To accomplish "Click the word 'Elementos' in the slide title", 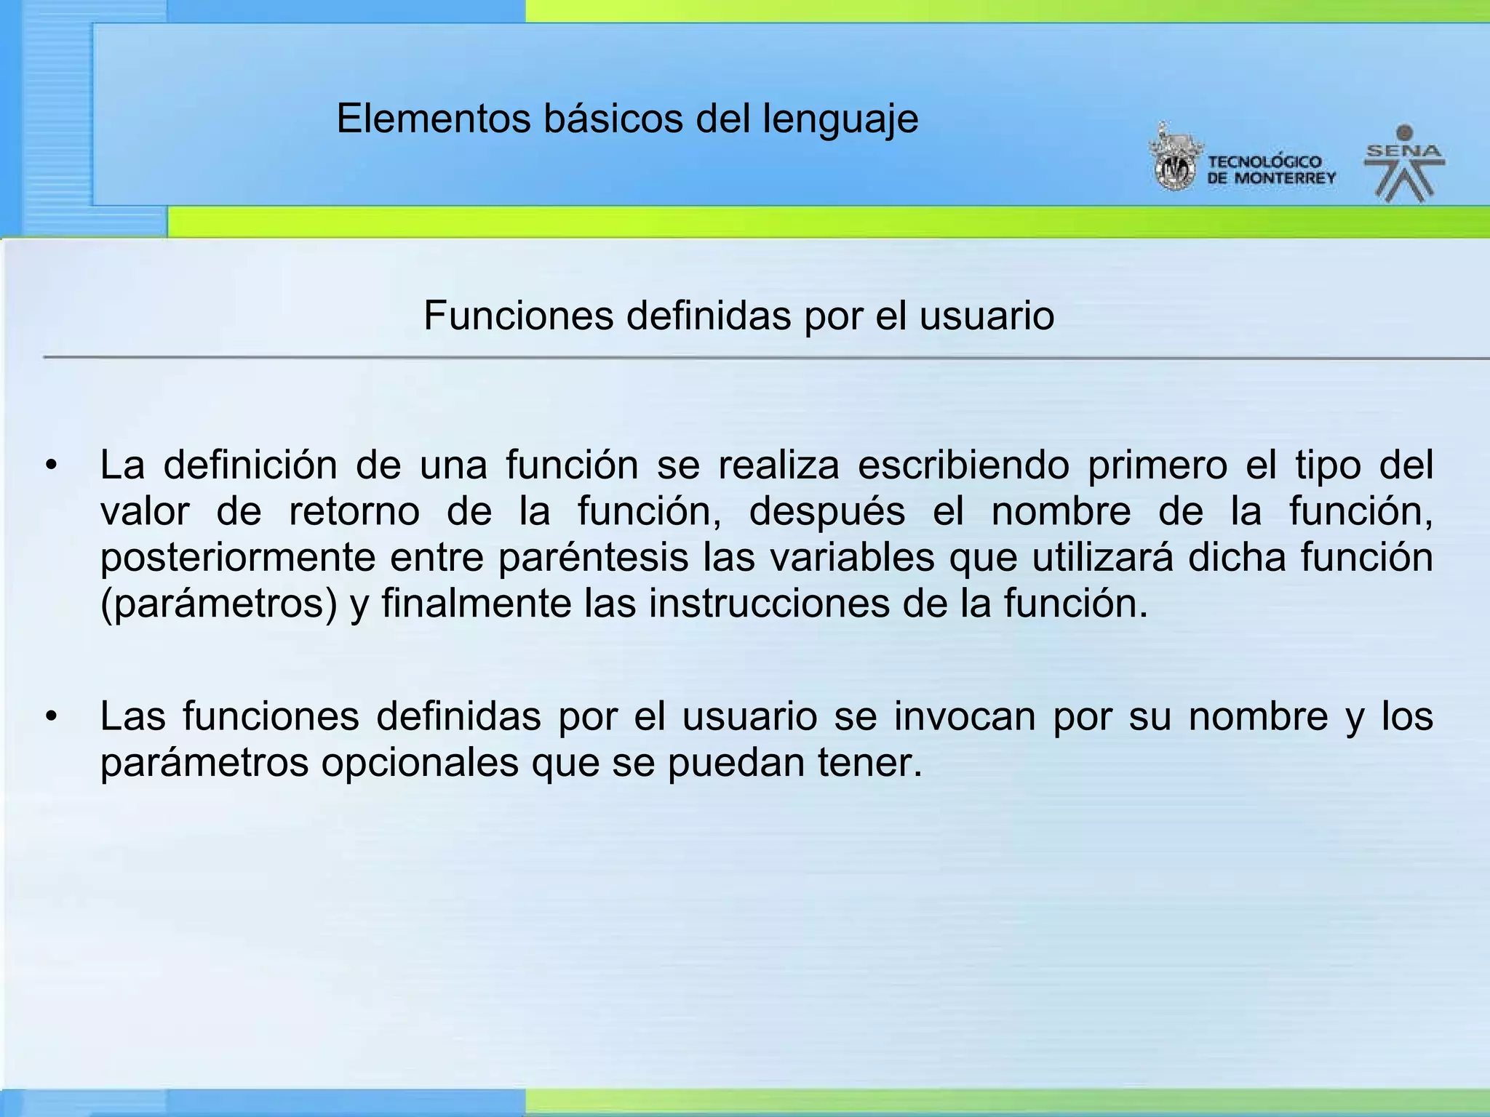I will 434,119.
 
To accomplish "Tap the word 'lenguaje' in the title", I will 840,120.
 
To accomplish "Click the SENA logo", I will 1404,164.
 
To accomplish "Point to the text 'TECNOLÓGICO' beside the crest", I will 1264,161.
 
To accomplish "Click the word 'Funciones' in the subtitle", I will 518,316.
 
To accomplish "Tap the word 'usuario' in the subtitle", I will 987,316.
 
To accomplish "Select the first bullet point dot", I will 50,466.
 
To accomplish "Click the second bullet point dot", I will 50,717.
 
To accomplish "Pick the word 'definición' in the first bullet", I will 250,465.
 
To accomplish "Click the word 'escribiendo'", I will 963,465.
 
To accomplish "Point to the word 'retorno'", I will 354,512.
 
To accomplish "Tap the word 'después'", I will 827,512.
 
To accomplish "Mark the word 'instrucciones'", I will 769,604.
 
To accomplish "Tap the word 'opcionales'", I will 420,764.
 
